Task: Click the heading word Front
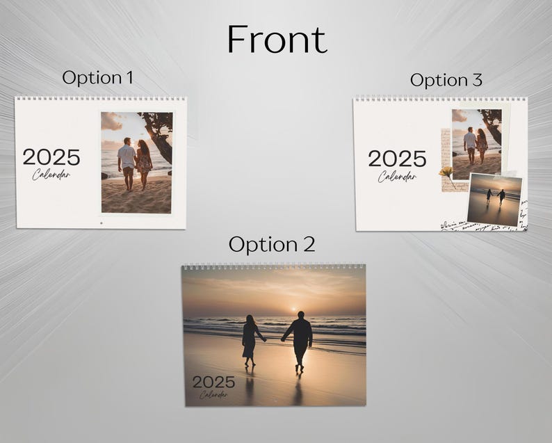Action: click(277, 40)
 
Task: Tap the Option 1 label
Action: click(97, 77)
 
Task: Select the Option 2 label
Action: click(271, 244)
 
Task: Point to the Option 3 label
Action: click(446, 80)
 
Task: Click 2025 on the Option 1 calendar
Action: click(51, 157)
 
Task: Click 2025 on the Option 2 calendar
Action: click(213, 382)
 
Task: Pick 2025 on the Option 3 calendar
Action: click(397, 159)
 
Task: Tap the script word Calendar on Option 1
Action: click(51, 174)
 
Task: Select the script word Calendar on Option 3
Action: click(397, 176)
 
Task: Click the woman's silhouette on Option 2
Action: click(250, 339)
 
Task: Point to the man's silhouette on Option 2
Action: click(301, 340)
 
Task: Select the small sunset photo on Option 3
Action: click(494, 200)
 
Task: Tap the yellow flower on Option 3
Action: click(446, 171)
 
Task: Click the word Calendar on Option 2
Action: click(213, 395)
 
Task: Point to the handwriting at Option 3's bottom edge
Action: click(480, 225)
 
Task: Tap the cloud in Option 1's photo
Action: click(111, 122)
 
